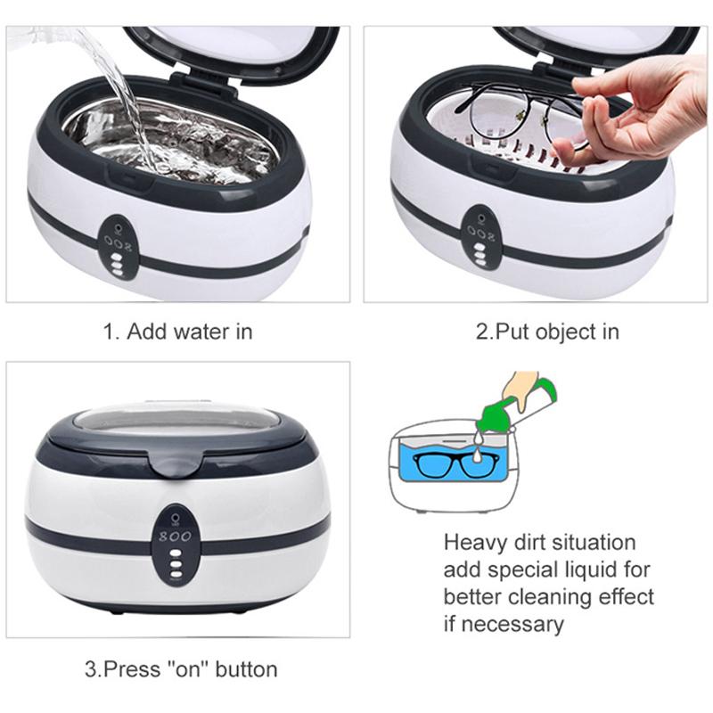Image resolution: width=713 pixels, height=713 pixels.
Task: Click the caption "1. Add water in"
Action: click(x=176, y=332)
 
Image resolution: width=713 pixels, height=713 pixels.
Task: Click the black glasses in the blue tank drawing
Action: click(x=463, y=467)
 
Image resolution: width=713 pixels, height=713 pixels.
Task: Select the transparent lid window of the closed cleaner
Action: click(x=176, y=418)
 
